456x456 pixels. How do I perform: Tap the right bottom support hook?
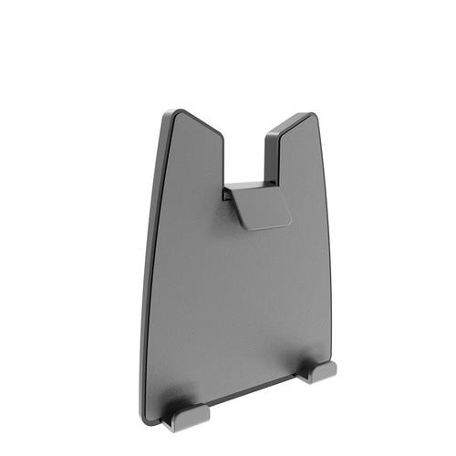[x=320, y=369]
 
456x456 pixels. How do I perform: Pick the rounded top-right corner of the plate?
[x=313, y=118]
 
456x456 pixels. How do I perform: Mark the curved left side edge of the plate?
[x=150, y=274]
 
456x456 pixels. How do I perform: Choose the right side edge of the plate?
[x=326, y=246]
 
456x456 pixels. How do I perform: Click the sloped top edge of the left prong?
[x=199, y=123]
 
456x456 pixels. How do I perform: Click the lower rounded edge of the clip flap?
[x=270, y=224]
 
